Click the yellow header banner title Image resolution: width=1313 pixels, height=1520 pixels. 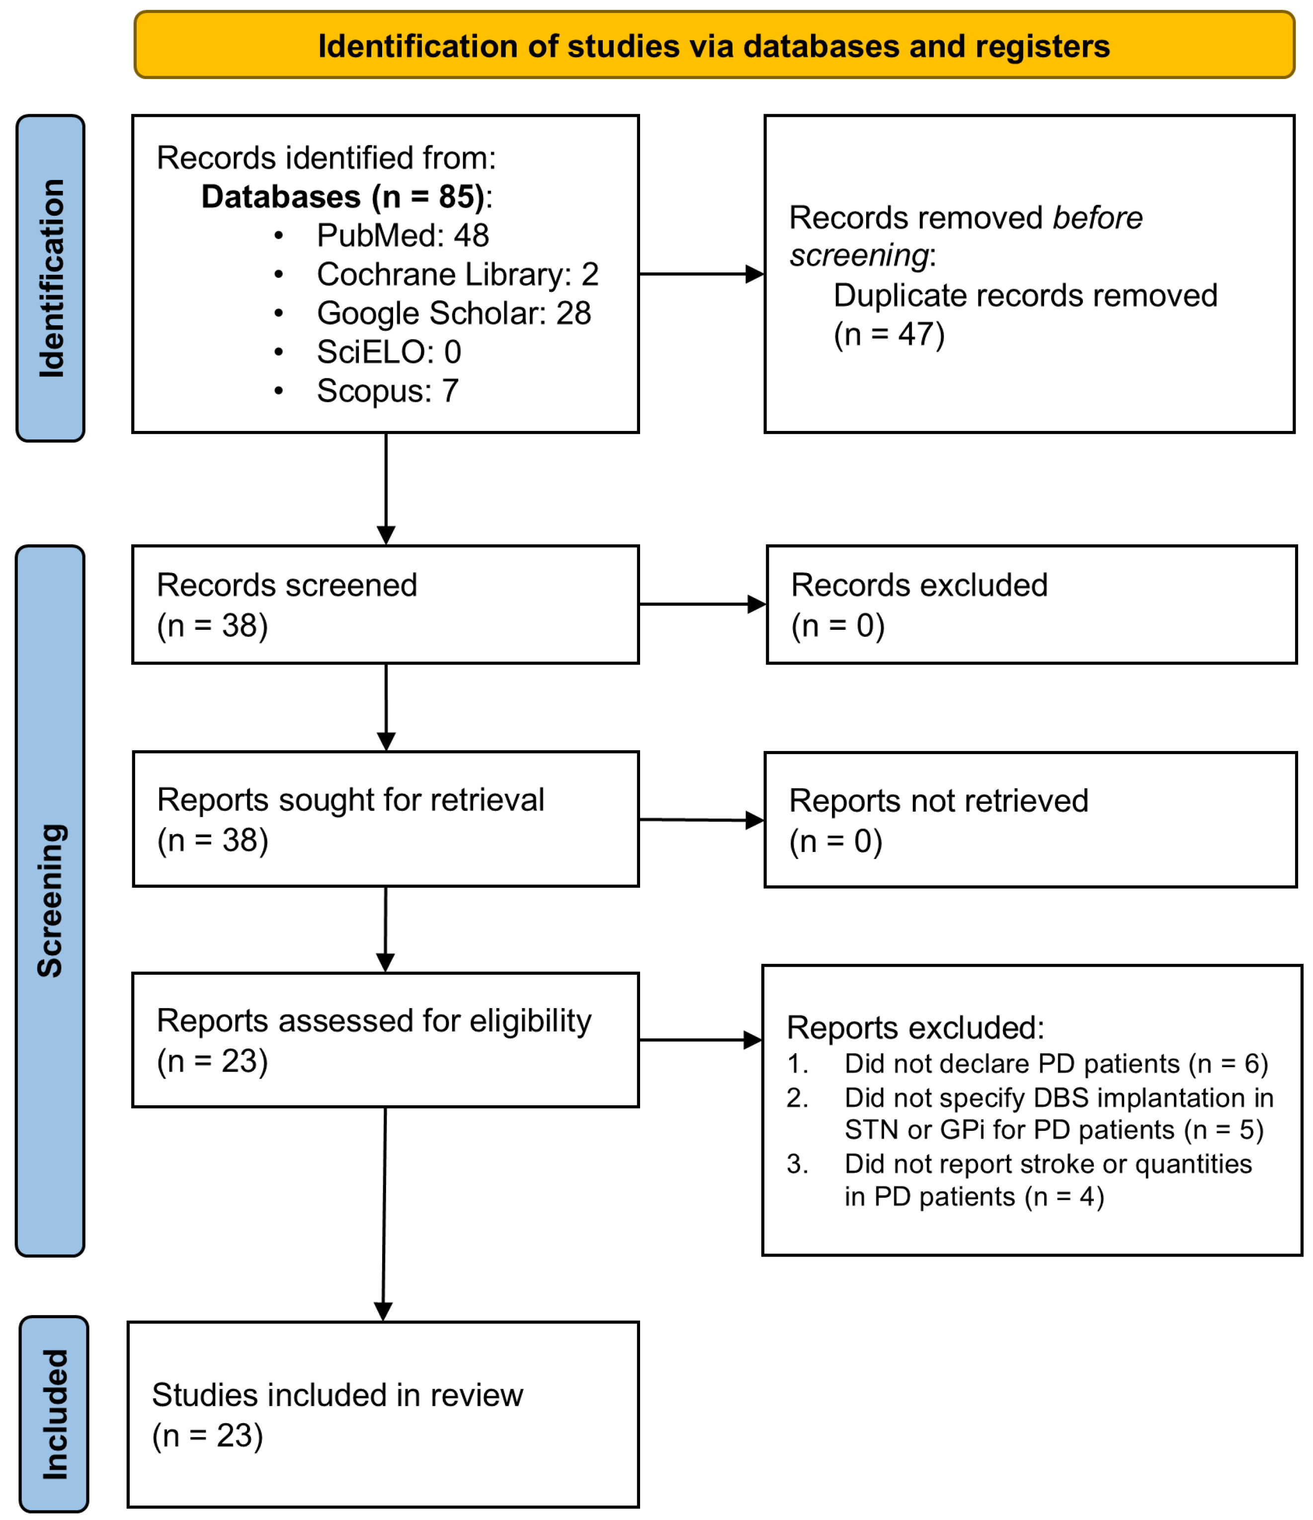pyautogui.click(x=713, y=46)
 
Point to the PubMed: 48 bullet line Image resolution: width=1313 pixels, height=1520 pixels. pyautogui.click(x=402, y=236)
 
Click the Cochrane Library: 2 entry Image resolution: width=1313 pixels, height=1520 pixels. pyautogui.click(x=457, y=274)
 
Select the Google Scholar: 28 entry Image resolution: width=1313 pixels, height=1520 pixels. pyautogui.click(x=453, y=313)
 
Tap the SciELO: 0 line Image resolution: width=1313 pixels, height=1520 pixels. pyautogui.click(x=389, y=352)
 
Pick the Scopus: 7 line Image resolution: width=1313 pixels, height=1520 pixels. pyautogui.click(x=387, y=391)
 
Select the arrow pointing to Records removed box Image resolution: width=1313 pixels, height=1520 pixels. pyautogui.click(x=701, y=274)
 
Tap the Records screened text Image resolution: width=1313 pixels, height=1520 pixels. pyautogui.click(x=286, y=586)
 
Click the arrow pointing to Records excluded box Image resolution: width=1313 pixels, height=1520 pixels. pyautogui.click(x=702, y=604)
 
